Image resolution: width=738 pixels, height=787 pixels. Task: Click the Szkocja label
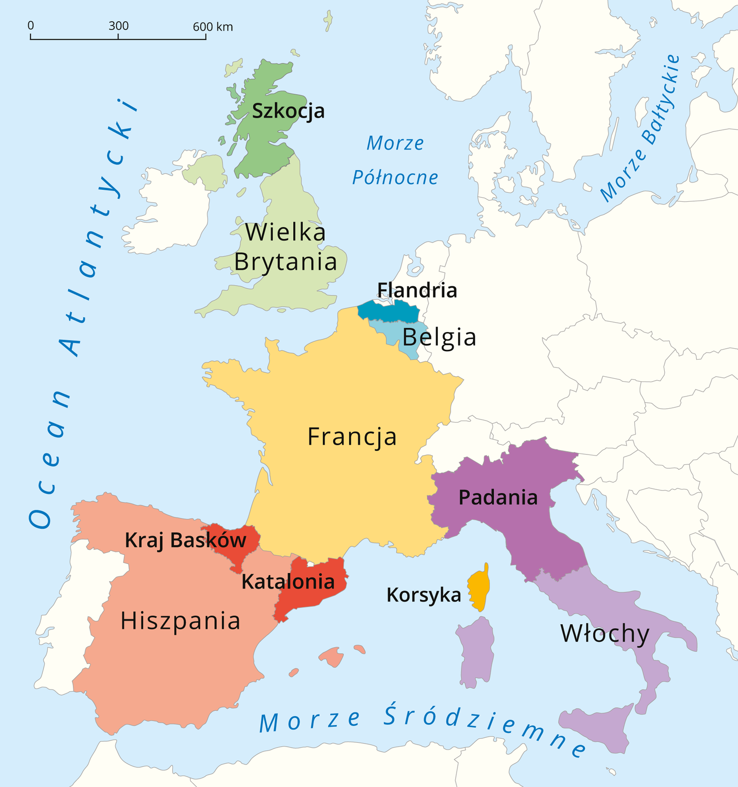click(288, 111)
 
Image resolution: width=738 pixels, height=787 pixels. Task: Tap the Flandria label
click(417, 290)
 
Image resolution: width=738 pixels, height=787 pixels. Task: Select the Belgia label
click(439, 337)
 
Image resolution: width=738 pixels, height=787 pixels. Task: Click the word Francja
click(352, 437)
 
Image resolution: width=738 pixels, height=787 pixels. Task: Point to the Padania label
click(498, 498)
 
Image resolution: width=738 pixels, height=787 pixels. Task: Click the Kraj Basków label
click(185, 541)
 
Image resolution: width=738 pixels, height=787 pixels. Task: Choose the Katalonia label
click(288, 582)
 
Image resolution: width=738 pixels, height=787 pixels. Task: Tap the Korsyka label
click(424, 595)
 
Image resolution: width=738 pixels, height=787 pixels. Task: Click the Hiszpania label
click(180, 621)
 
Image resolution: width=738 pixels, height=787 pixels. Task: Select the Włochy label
click(605, 634)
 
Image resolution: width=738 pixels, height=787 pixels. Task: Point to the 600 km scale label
click(213, 27)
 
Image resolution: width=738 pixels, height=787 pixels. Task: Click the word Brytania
click(285, 262)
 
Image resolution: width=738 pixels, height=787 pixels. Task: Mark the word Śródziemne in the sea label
click(485, 730)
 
